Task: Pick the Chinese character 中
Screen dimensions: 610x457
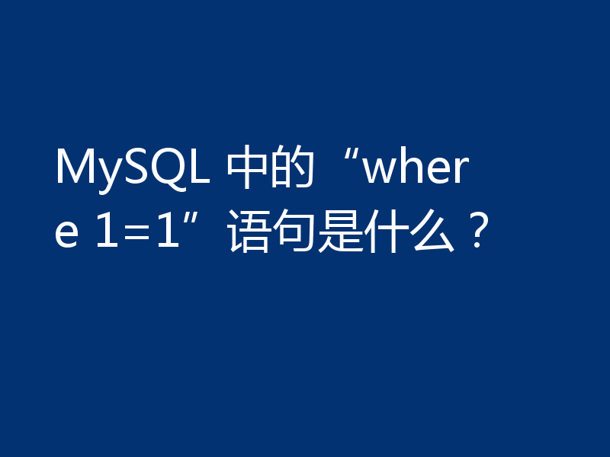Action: coord(246,167)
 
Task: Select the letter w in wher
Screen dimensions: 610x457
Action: coord(380,170)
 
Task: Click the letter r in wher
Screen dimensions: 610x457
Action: coord(461,169)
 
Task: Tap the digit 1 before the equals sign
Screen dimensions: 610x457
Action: coord(108,231)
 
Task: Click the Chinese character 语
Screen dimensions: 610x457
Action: coord(249,231)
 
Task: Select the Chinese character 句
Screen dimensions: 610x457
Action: coord(294,231)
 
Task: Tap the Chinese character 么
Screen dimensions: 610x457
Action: coord(432,231)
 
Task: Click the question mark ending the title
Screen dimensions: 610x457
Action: coord(477,231)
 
